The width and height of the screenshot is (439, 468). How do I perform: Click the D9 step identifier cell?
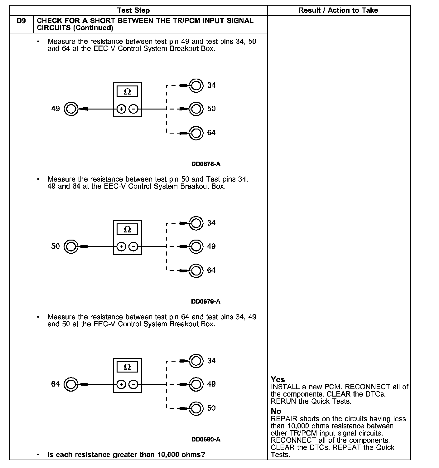point(21,21)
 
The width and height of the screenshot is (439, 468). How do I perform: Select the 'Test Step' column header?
point(133,10)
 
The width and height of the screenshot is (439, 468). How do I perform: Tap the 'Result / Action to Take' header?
point(338,10)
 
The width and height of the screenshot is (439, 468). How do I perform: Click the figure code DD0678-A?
point(206,164)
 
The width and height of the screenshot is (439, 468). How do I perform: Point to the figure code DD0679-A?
point(206,301)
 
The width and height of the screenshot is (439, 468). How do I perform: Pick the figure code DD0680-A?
point(206,439)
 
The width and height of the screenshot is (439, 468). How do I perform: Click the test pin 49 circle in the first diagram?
point(71,109)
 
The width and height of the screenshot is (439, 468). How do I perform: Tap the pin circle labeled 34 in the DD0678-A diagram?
point(196,85)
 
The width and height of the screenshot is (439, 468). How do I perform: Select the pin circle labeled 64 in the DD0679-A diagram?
point(196,271)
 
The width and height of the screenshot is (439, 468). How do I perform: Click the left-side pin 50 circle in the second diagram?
point(71,247)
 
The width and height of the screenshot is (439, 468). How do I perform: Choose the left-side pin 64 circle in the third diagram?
point(71,384)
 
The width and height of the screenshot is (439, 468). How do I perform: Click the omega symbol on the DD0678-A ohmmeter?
point(127,92)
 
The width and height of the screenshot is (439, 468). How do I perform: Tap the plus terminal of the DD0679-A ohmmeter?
point(121,247)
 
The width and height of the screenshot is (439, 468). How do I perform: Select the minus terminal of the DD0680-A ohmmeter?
point(133,384)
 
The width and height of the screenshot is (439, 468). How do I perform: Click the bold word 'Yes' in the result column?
point(277,379)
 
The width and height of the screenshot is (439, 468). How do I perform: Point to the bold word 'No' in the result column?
point(276,411)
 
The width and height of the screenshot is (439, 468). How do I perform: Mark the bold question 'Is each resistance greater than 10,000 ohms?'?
point(126,455)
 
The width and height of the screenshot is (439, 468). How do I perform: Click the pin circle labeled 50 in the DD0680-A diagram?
point(196,408)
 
